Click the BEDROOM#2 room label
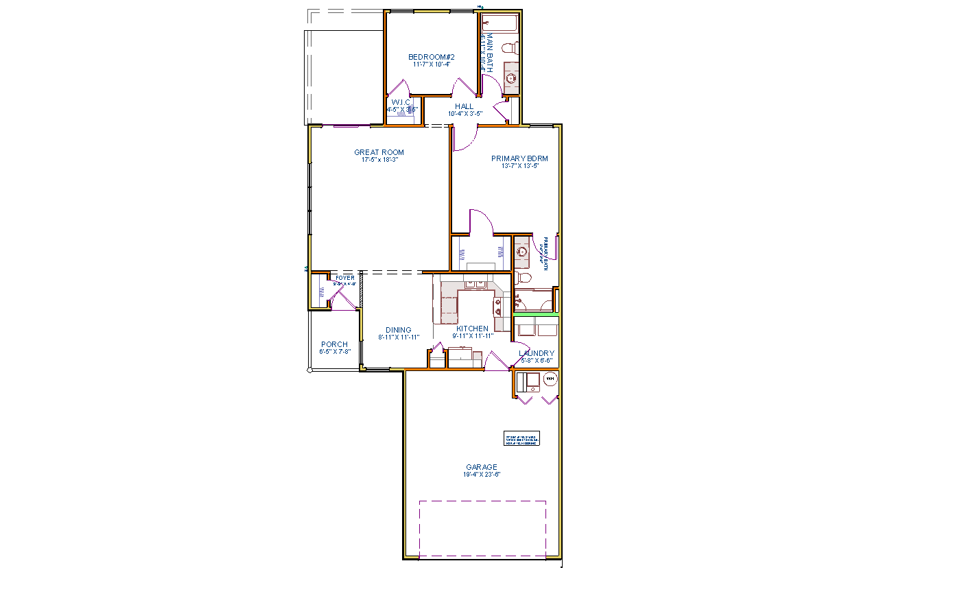(432, 57)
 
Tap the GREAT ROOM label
(379, 152)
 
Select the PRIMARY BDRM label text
(519, 158)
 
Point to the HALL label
(464, 106)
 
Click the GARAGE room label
(481, 467)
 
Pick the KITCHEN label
(473, 329)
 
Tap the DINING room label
(398, 330)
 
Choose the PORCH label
(334, 344)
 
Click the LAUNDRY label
(537, 353)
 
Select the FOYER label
(345, 278)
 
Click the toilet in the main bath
(510, 48)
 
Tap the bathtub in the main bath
(499, 23)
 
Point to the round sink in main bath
(510, 78)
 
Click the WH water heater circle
(550, 379)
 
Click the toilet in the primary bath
(523, 278)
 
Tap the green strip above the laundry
(536, 314)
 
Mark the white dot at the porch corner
(310, 370)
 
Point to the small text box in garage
(521, 440)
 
